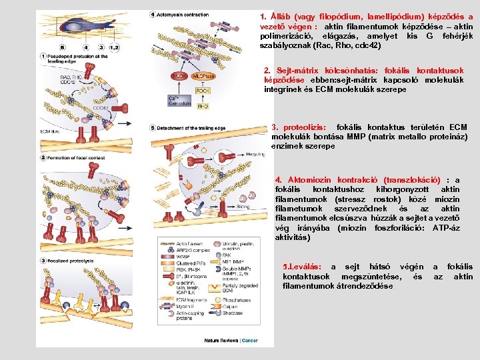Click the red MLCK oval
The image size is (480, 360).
point(179,77)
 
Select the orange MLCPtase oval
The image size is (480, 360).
point(202,77)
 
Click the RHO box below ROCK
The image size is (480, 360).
point(203,105)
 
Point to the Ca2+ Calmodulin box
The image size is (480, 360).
point(177,101)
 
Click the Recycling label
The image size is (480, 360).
point(255,153)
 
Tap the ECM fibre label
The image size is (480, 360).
point(50,131)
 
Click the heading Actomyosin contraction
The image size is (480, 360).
point(189,15)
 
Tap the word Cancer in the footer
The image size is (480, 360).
point(250,340)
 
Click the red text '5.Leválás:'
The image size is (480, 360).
point(303,267)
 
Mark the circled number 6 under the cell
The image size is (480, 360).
point(63,48)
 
